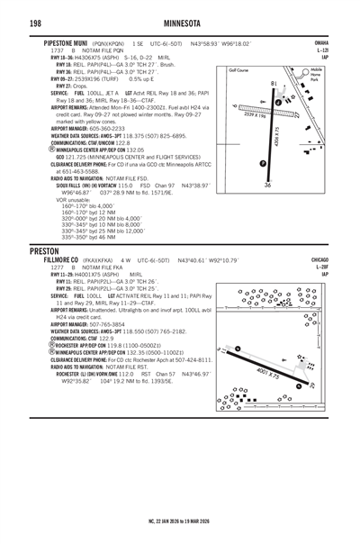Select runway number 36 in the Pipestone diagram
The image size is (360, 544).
pos(267,184)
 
